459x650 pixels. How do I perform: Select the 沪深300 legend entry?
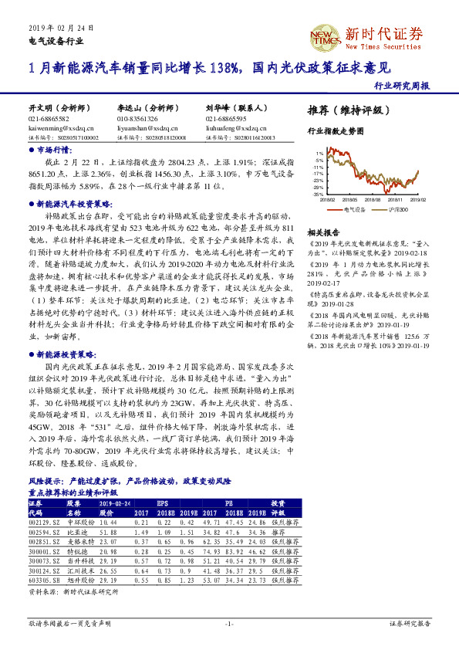(397, 209)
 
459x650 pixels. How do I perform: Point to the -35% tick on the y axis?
(318, 195)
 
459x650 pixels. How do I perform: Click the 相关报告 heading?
(323, 232)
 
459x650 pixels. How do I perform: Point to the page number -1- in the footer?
(229, 622)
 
